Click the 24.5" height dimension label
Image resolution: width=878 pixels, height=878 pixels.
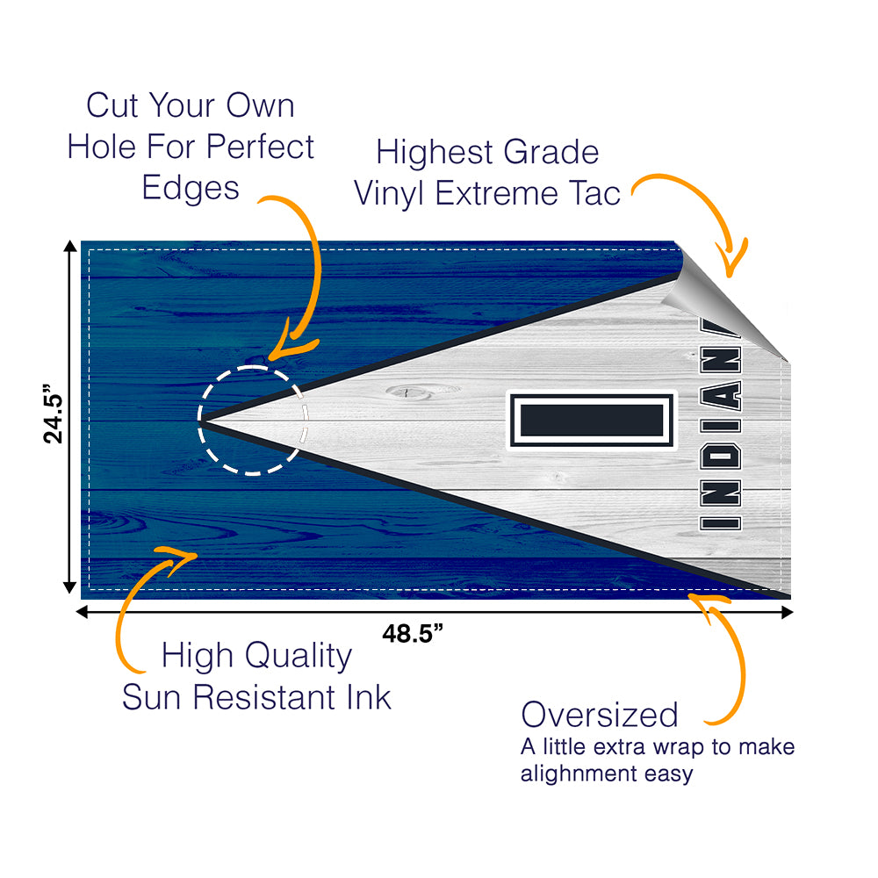54,417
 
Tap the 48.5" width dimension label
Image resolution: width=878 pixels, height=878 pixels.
412,633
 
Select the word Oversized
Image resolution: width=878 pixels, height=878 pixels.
600,715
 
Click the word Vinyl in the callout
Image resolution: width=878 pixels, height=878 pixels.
391,193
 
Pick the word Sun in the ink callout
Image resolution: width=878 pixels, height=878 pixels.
154,697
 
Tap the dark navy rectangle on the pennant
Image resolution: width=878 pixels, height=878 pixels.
591,420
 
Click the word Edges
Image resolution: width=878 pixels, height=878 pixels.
191,188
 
